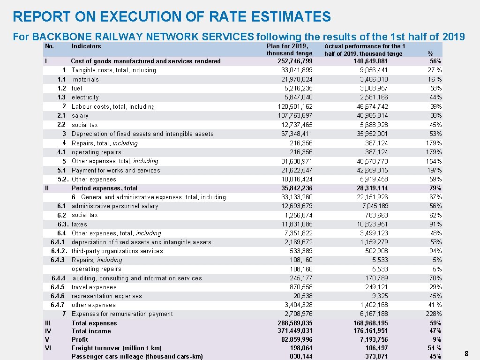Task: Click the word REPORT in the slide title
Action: [42, 17]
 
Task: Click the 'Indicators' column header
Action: [86, 46]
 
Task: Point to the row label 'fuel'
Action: [77, 88]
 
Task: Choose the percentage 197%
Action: [434, 170]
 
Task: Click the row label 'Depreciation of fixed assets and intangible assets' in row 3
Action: [142, 134]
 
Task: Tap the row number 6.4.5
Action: [57, 287]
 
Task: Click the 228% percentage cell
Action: [434, 314]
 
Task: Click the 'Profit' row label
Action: [80, 339]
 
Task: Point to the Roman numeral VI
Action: [48, 347]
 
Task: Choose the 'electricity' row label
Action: [85, 97]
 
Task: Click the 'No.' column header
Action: [49, 46]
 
